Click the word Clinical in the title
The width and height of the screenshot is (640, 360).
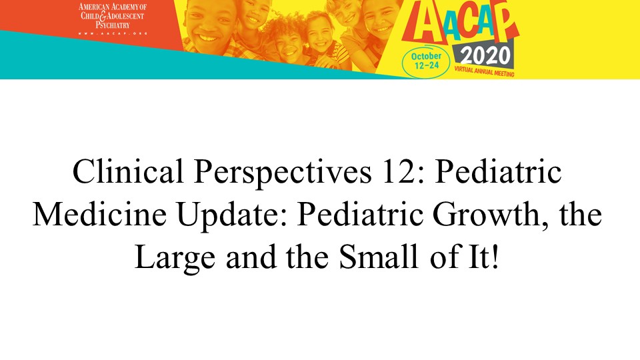pos(128,171)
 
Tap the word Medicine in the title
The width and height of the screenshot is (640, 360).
pos(99,214)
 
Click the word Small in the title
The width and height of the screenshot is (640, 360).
pos(379,257)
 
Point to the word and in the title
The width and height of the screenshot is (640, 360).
pos(251,257)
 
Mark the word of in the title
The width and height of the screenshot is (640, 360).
pos(443,257)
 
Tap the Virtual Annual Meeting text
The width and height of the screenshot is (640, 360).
pos(484,71)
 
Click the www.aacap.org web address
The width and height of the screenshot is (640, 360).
pos(113,33)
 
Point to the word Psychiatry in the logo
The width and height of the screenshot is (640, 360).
pos(113,25)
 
